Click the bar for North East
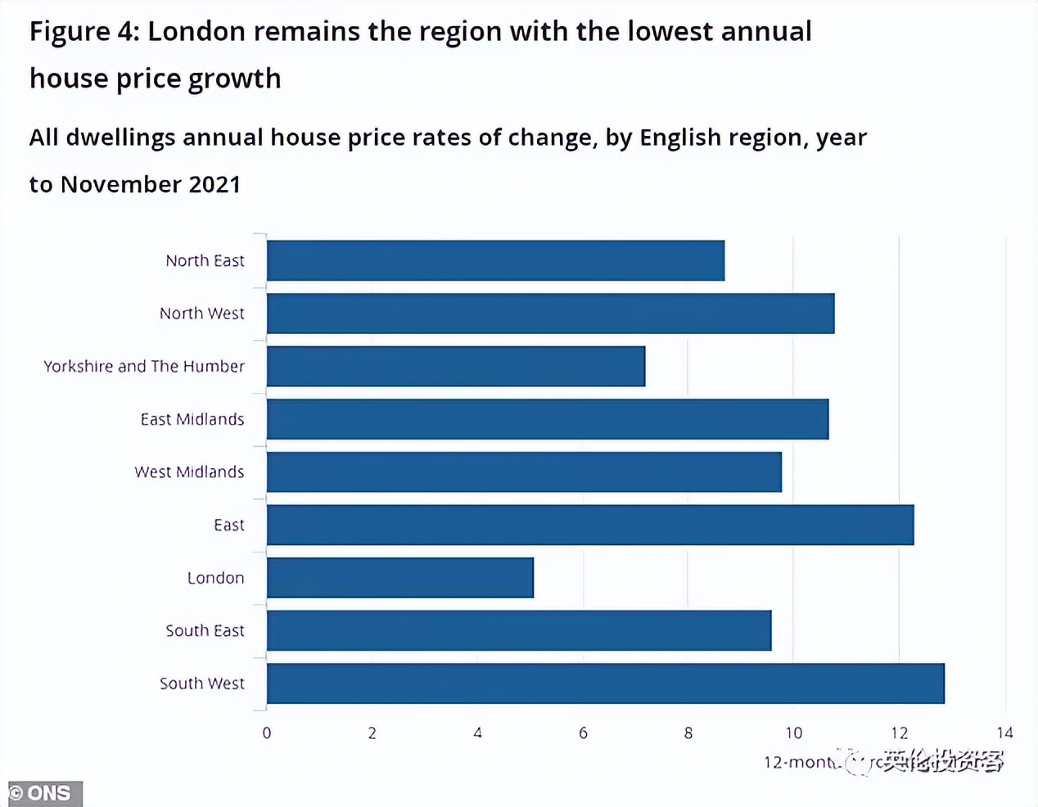(495, 260)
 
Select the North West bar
(550, 313)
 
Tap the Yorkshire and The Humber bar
(456, 366)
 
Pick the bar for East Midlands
(548, 419)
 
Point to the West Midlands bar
(524, 471)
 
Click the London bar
(400, 578)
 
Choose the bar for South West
(606, 683)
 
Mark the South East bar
(519, 630)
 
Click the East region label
(229, 525)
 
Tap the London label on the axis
(216, 578)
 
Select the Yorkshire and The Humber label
(144, 366)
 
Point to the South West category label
(202, 683)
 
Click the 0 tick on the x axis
(267, 733)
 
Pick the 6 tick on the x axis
(583, 733)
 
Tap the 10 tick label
(793, 733)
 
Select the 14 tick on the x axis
(1004, 733)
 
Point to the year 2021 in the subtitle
(214, 184)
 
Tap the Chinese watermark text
(941, 762)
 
